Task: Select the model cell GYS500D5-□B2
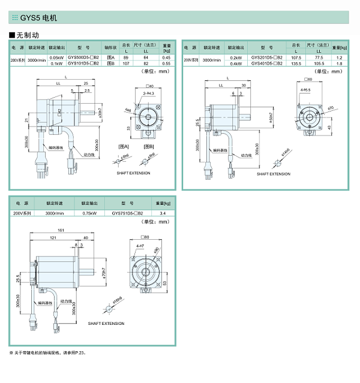click(x=83, y=58)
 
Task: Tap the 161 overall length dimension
click(x=61, y=230)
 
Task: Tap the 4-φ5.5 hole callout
click(x=305, y=90)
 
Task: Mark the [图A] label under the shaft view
click(x=124, y=146)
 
